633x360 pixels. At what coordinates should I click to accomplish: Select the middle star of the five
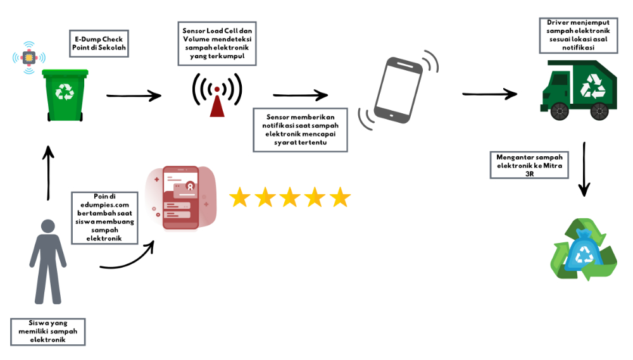[290, 197]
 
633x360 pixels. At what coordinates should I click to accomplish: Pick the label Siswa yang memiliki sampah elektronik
[48, 331]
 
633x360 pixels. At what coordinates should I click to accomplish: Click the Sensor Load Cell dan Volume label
[216, 44]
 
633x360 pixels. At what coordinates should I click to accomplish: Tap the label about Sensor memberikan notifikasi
[299, 129]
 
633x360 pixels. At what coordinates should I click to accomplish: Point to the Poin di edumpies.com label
[104, 216]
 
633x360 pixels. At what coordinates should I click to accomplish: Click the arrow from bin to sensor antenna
[134, 96]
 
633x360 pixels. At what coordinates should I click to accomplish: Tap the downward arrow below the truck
[585, 168]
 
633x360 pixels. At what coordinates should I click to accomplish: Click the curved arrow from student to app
[129, 258]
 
